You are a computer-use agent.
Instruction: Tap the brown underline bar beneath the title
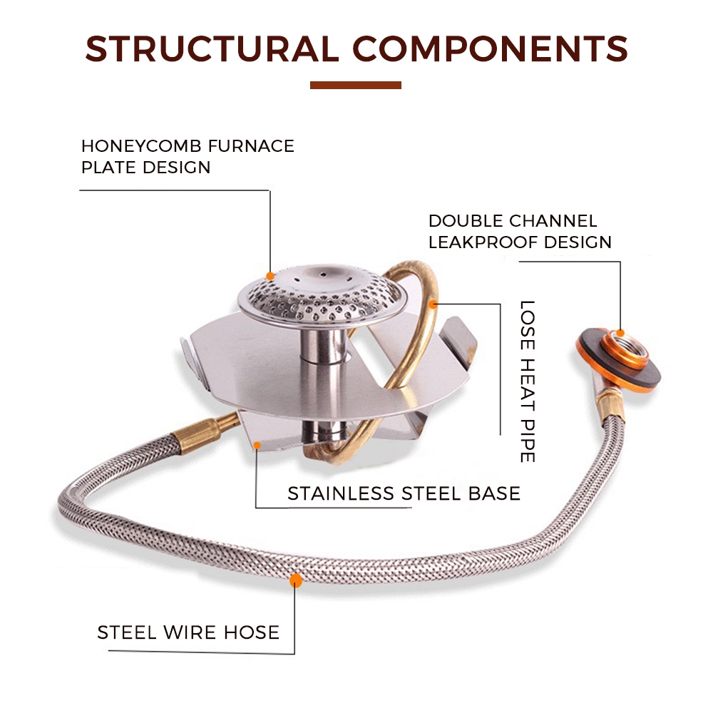click(356, 86)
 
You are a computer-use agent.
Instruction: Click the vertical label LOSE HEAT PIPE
click(527, 381)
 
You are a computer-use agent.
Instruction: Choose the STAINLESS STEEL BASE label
click(404, 493)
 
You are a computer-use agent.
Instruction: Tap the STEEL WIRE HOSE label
click(188, 632)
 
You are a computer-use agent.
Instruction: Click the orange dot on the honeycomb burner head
click(270, 275)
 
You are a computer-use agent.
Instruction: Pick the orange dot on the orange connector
click(621, 332)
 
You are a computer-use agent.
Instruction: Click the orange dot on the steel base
click(257, 446)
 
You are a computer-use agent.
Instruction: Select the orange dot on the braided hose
click(294, 580)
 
